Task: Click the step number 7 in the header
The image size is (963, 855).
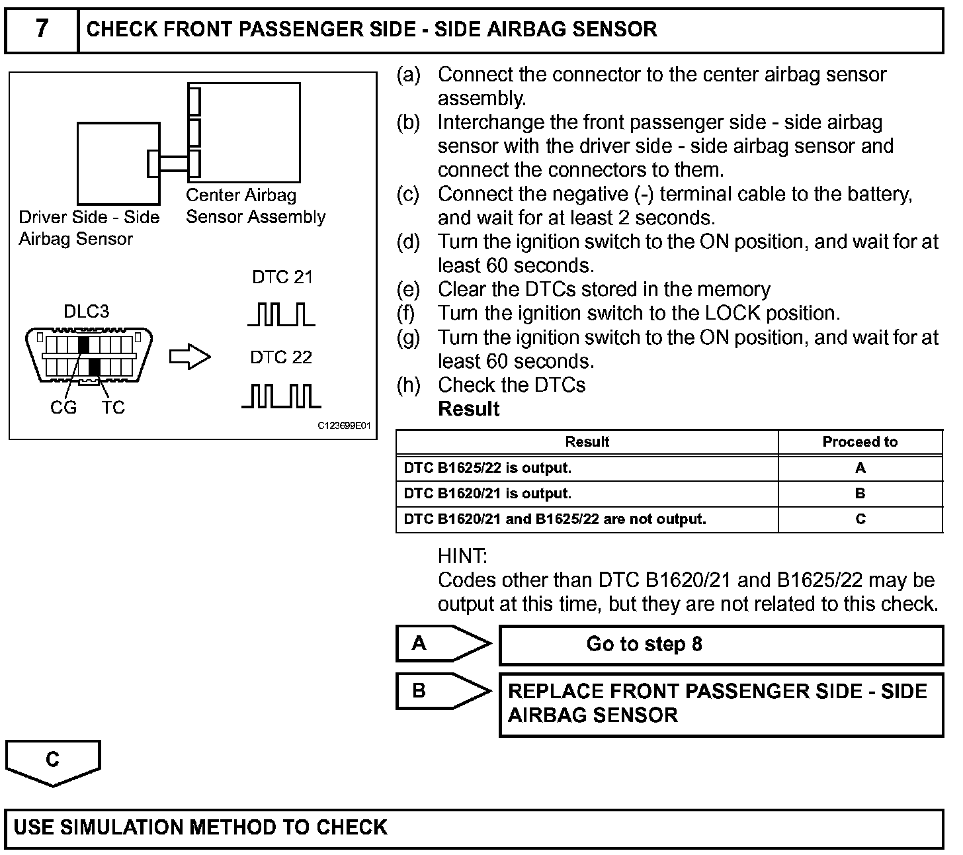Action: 42,29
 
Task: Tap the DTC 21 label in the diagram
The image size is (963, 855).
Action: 282,277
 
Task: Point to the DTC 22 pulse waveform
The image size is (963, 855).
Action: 281,395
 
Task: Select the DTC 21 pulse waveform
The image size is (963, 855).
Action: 281,314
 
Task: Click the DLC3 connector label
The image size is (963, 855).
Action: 86,312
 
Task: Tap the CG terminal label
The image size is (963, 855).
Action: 63,408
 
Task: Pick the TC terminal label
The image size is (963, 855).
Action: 113,408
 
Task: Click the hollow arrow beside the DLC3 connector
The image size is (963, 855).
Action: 190,357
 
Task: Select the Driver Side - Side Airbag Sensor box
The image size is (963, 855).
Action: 118,163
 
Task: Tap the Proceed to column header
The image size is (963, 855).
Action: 860,442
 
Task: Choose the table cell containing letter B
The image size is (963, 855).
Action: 860,494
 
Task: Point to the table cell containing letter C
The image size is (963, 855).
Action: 860,519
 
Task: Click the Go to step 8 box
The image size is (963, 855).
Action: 720,645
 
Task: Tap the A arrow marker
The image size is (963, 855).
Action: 442,643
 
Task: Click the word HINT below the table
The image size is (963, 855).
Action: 462,556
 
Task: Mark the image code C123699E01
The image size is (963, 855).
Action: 344,426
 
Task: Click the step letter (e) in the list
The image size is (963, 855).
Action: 408,290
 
